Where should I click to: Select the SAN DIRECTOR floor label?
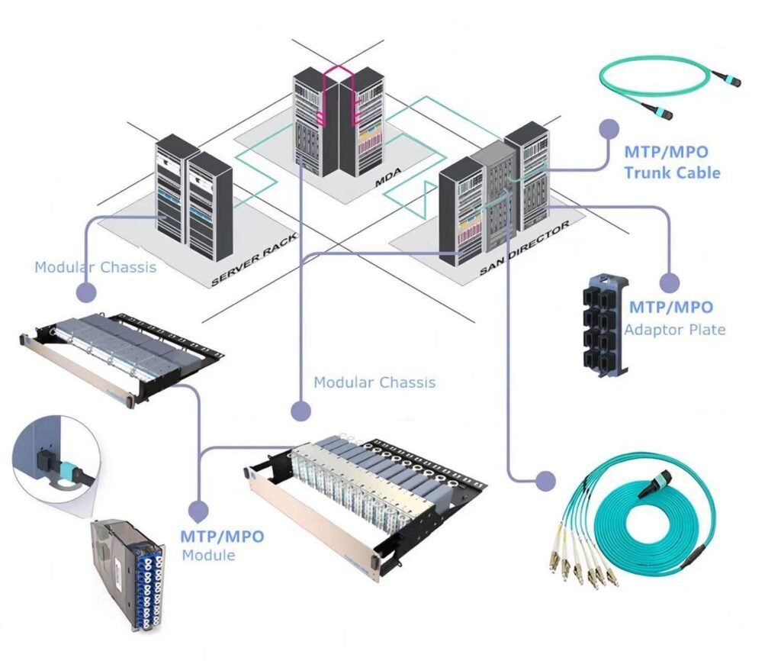(525, 250)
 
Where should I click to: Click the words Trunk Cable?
(672, 173)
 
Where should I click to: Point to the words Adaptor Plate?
(674, 330)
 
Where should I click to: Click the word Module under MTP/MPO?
(208, 555)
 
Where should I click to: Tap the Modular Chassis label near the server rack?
(95, 267)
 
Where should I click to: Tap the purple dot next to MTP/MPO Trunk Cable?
(609, 128)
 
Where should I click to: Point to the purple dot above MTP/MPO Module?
(198, 511)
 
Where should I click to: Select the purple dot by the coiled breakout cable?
(545, 480)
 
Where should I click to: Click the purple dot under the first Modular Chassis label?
(85, 292)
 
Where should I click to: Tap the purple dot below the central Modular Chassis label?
(301, 409)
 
